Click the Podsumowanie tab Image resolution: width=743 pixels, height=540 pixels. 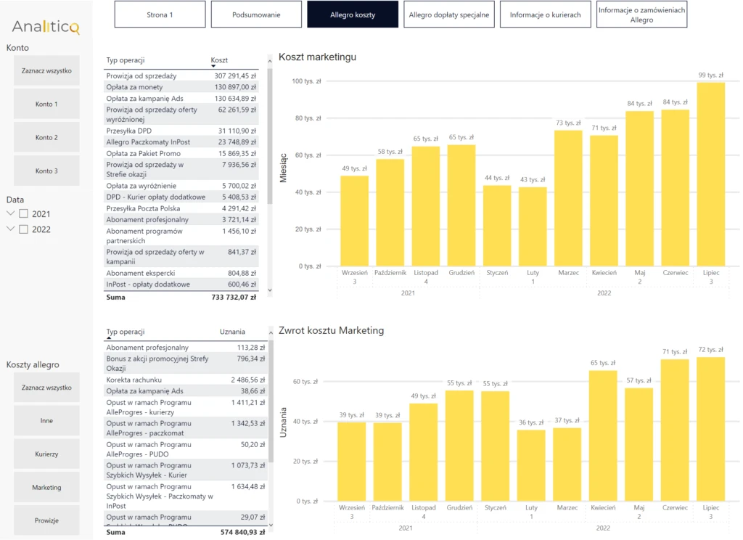point(256,15)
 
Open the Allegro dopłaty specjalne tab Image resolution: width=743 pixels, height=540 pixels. point(448,15)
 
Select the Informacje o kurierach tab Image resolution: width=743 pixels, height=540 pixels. point(545,15)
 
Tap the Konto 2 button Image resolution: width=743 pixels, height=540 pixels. point(46,137)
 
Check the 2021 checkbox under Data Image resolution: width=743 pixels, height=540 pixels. point(23,214)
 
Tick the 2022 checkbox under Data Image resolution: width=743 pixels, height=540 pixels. point(23,229)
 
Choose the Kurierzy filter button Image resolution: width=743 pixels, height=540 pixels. point(46,454)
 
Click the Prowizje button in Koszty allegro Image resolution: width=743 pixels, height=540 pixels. point(46,520)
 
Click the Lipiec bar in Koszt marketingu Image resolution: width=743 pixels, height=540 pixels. point(711,174)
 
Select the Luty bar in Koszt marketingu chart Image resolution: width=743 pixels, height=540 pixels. point(533,226)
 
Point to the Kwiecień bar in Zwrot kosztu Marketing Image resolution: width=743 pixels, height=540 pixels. point(603,435)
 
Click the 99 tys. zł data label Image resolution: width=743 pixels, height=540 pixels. point(711,75)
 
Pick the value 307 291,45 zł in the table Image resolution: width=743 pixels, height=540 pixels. point(235,76)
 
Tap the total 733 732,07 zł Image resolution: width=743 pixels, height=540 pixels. point(234,298)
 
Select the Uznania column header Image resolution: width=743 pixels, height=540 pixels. point(232,332)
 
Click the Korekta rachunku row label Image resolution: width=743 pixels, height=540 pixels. point(134,380)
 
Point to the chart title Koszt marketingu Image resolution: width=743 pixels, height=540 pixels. point(317,57)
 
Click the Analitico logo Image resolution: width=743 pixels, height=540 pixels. point(46,27)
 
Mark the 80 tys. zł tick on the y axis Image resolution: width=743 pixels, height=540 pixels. point(308,118)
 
